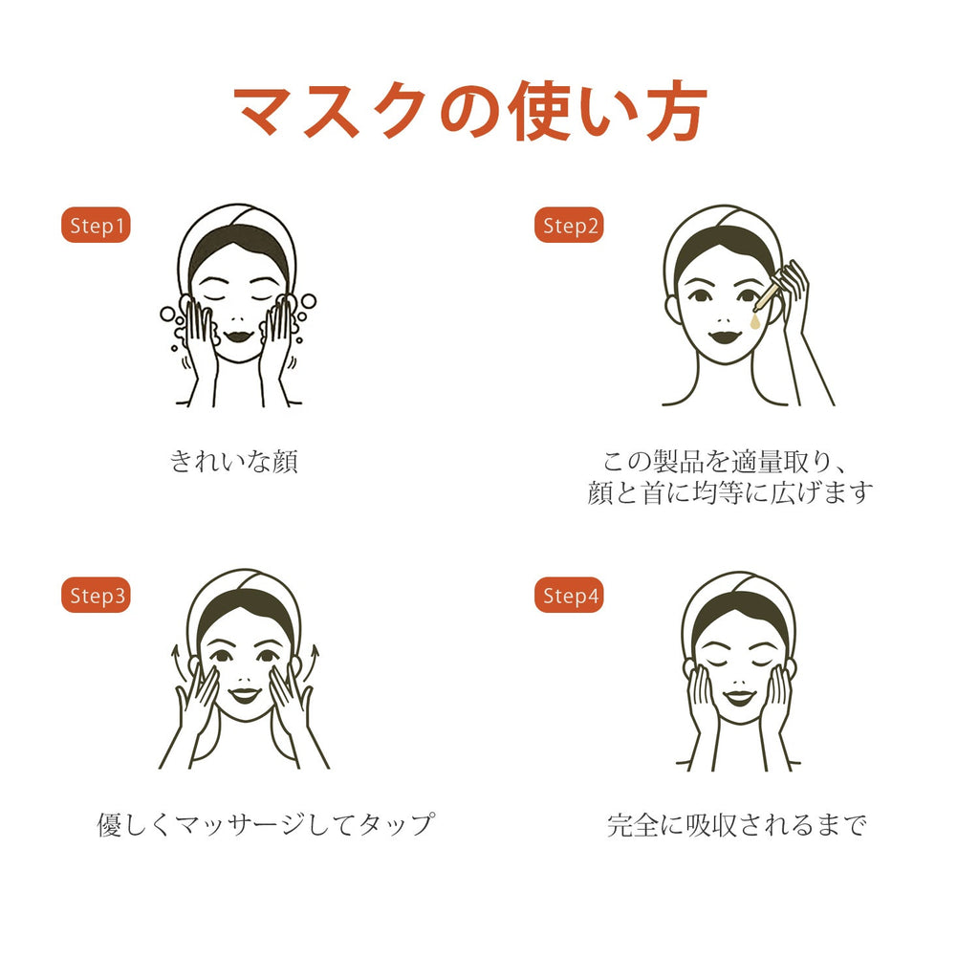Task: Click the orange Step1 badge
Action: (x=96, y=225)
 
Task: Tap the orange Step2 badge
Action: (x=569, y=225)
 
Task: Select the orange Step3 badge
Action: (x=96, y=595)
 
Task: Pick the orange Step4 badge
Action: (x=569, y=595)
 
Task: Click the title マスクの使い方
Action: (x=470, y=111)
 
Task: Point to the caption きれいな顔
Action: (x=234, y=462)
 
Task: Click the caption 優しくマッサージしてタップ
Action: (x=266, y=824)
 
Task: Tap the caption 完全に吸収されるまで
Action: (x=737, y=825)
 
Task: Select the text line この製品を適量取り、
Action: (x=726, y=462)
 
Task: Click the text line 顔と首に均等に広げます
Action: (x=729, y=492)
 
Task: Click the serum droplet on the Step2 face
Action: (x=756, y=321)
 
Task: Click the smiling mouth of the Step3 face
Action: (x=244, y=695)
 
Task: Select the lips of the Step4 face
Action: (x=739, y=697)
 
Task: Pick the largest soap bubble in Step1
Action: (x=168, y=314)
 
